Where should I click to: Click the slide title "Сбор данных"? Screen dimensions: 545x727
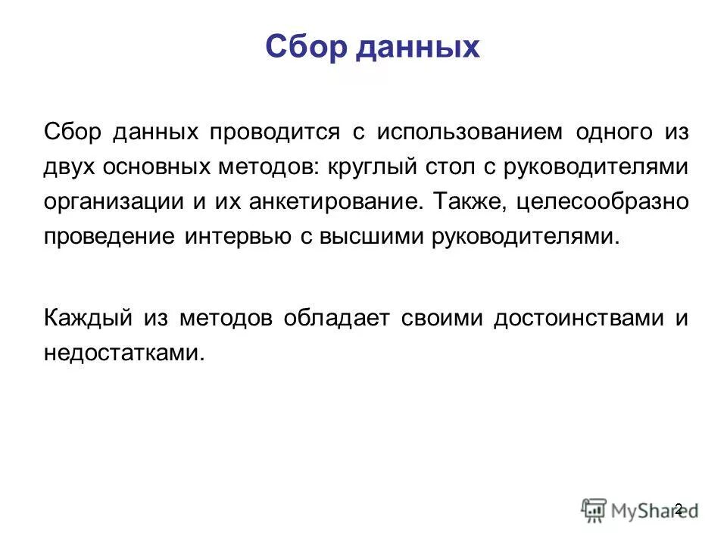click(x=373, y=47)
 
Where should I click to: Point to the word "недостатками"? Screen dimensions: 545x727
click(x=123, y=353)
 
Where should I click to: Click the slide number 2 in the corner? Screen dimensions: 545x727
click(x=678, y=508)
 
